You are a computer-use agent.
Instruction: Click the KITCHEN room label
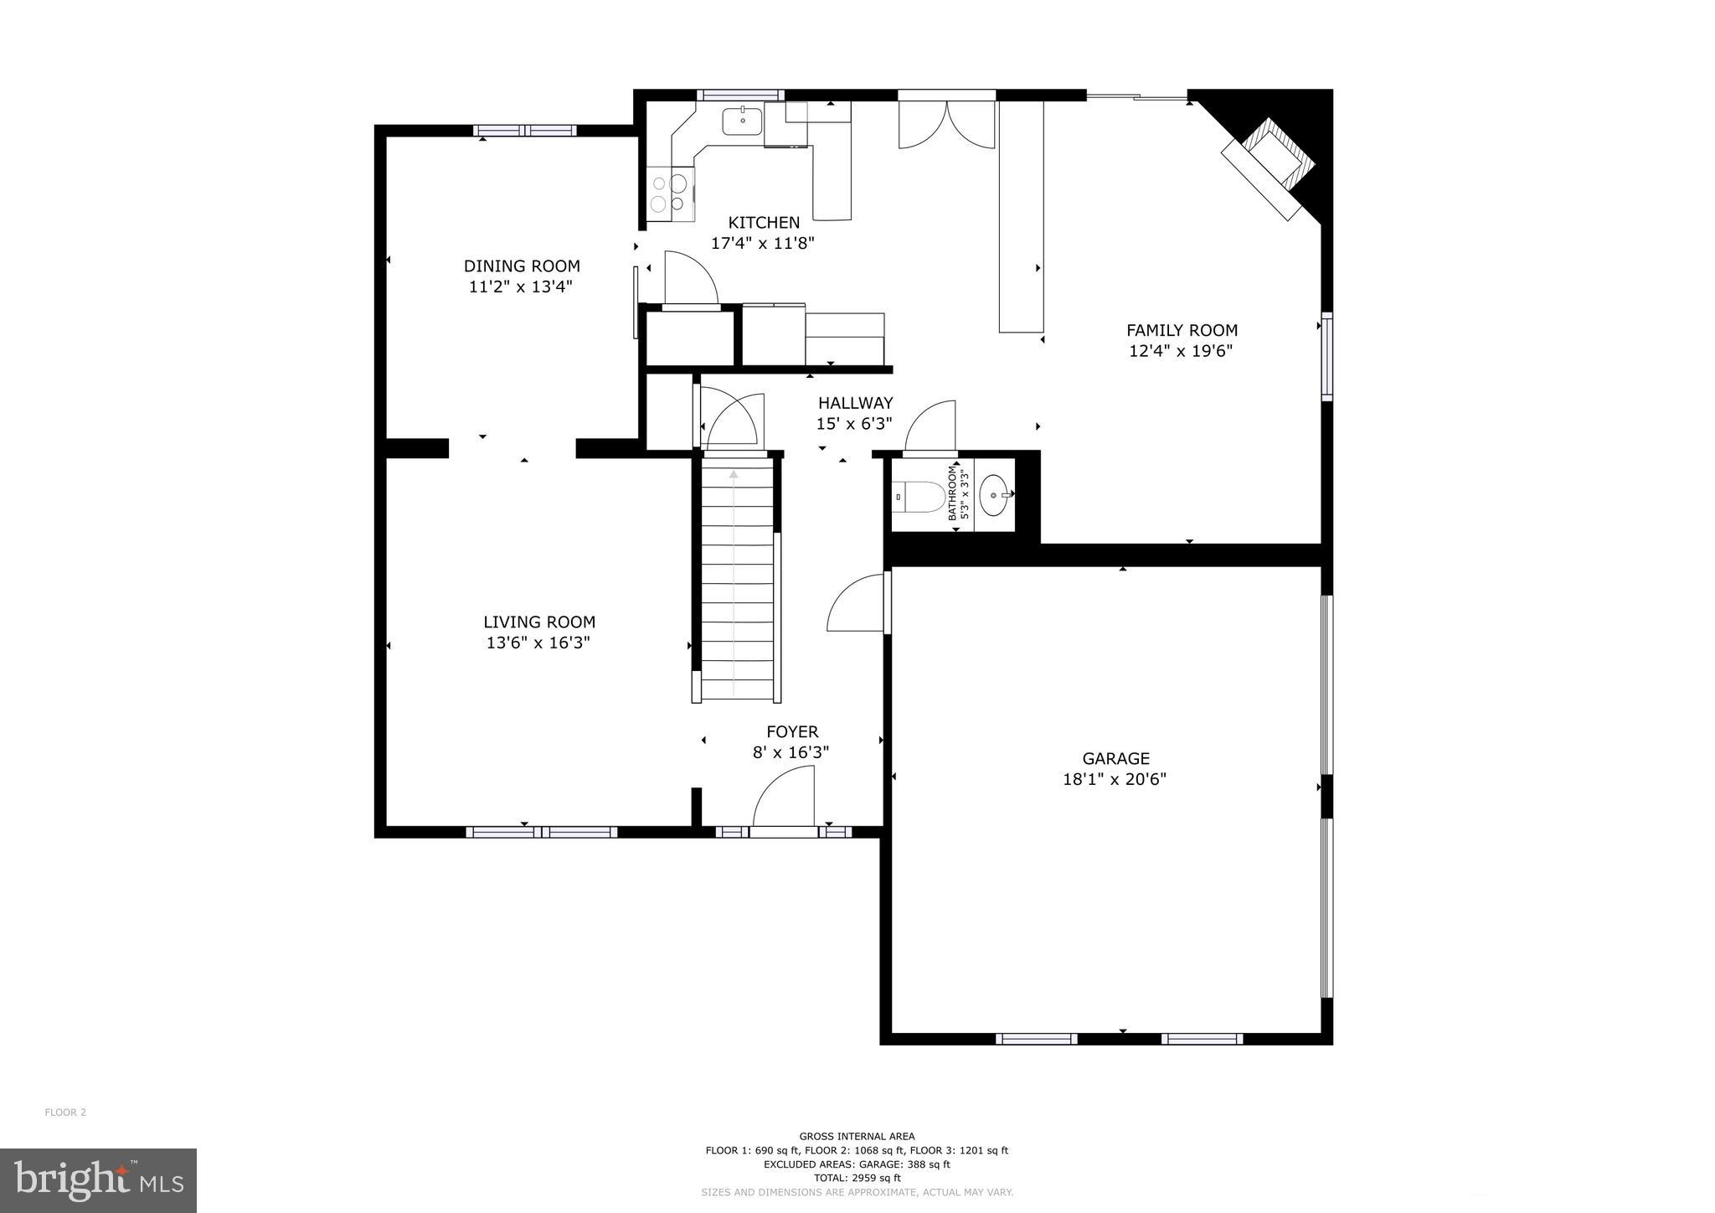[763, 223]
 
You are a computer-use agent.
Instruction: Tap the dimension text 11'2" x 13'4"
[521, 286]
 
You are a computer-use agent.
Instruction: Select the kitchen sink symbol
[743, 121]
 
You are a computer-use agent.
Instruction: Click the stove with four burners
[670, 194]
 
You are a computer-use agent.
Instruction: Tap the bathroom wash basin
[994, 495]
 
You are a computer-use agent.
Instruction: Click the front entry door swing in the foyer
[785, 798]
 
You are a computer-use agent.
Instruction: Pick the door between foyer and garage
[856, 604]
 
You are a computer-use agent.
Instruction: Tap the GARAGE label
[1115, 759]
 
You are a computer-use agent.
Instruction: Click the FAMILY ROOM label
[1182, 331]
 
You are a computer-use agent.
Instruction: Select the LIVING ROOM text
[538, 622]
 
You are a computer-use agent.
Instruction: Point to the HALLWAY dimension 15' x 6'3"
[854, 424]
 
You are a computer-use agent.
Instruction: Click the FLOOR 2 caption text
[65, 1112]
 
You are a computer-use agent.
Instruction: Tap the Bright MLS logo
[98, 1180]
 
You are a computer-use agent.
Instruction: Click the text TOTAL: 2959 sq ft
[857, 1178]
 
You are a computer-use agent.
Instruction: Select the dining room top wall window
[524, 131]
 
